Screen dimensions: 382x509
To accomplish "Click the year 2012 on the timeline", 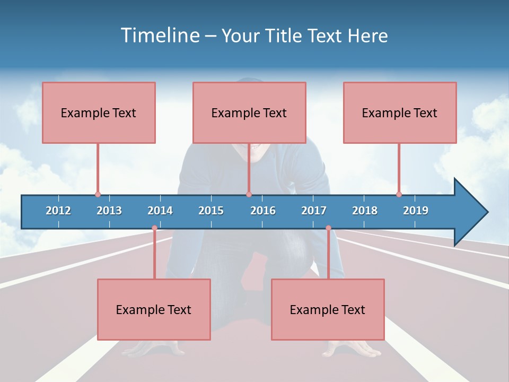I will click(x=58, y=211).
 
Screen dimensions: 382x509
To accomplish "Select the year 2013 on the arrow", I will click(x=109, y=211).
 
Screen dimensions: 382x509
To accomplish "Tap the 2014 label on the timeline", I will click(x=160, y=211).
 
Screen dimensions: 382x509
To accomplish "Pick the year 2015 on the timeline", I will click(x=211, y=211).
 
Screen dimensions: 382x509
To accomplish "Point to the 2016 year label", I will click(x=263, y=211).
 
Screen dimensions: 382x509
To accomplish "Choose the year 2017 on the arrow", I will click(x=314, y=211).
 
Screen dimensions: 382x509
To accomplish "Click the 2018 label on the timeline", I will click(x=365, y=211).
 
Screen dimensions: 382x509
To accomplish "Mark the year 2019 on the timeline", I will click(x=416, y=211).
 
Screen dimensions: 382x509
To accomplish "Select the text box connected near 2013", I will click(x=99, y=112).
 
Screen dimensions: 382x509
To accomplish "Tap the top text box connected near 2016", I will click(x=249, y=112).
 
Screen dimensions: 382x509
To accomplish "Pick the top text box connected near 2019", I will click(x=400, y=112).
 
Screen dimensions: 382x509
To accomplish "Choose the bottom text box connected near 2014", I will click(x=154, y=309).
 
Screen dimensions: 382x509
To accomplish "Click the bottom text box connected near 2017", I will click(x=328, y=309).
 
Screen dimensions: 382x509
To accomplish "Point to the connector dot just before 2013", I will click(x=98, y=195).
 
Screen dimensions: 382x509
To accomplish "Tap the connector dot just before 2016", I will click(x=249, y=195).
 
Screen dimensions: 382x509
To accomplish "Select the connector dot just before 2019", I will click(x=399, y=195).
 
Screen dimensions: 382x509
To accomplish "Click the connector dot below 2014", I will click(x=154, y=228).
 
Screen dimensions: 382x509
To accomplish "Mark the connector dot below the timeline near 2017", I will click(x=328, y=228).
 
